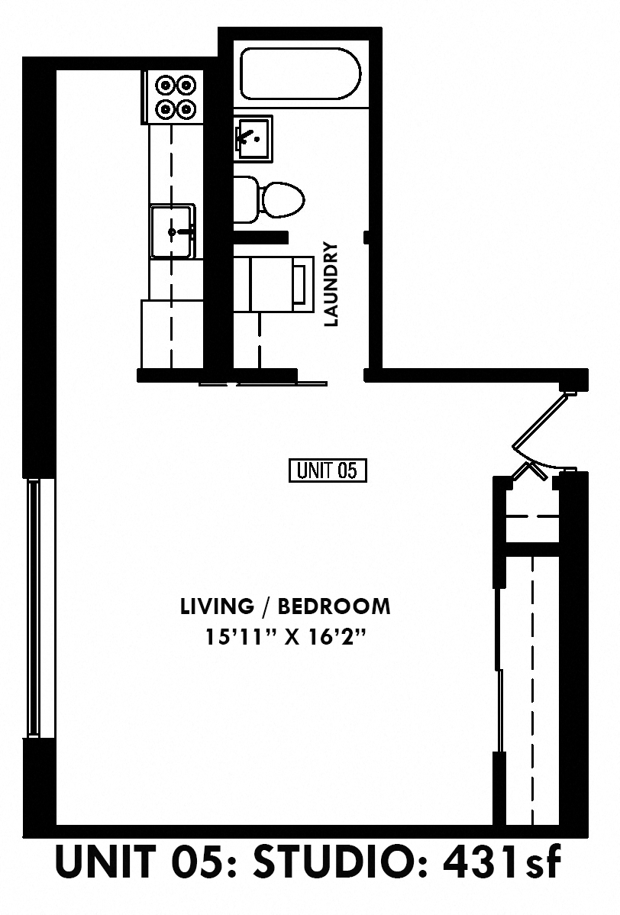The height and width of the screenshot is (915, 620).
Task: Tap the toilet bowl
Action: click(x=283, y=199)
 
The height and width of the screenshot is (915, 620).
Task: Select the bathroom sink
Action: click(x=253, y=139)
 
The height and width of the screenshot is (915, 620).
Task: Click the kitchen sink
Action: click(x=173, y=231)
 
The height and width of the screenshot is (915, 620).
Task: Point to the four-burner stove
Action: click(x=175, y=97)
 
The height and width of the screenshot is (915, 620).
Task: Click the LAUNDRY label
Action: click(x=331, y=285)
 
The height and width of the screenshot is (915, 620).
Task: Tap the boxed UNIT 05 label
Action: click(x=328, y=470)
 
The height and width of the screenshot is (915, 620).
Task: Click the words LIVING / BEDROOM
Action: click(x=286, y=606)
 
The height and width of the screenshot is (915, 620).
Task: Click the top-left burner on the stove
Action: click(x=165, y=85)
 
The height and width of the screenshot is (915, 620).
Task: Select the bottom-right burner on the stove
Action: click(x=186, y=109)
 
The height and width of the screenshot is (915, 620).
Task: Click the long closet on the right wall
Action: click(x=531, y=687)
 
